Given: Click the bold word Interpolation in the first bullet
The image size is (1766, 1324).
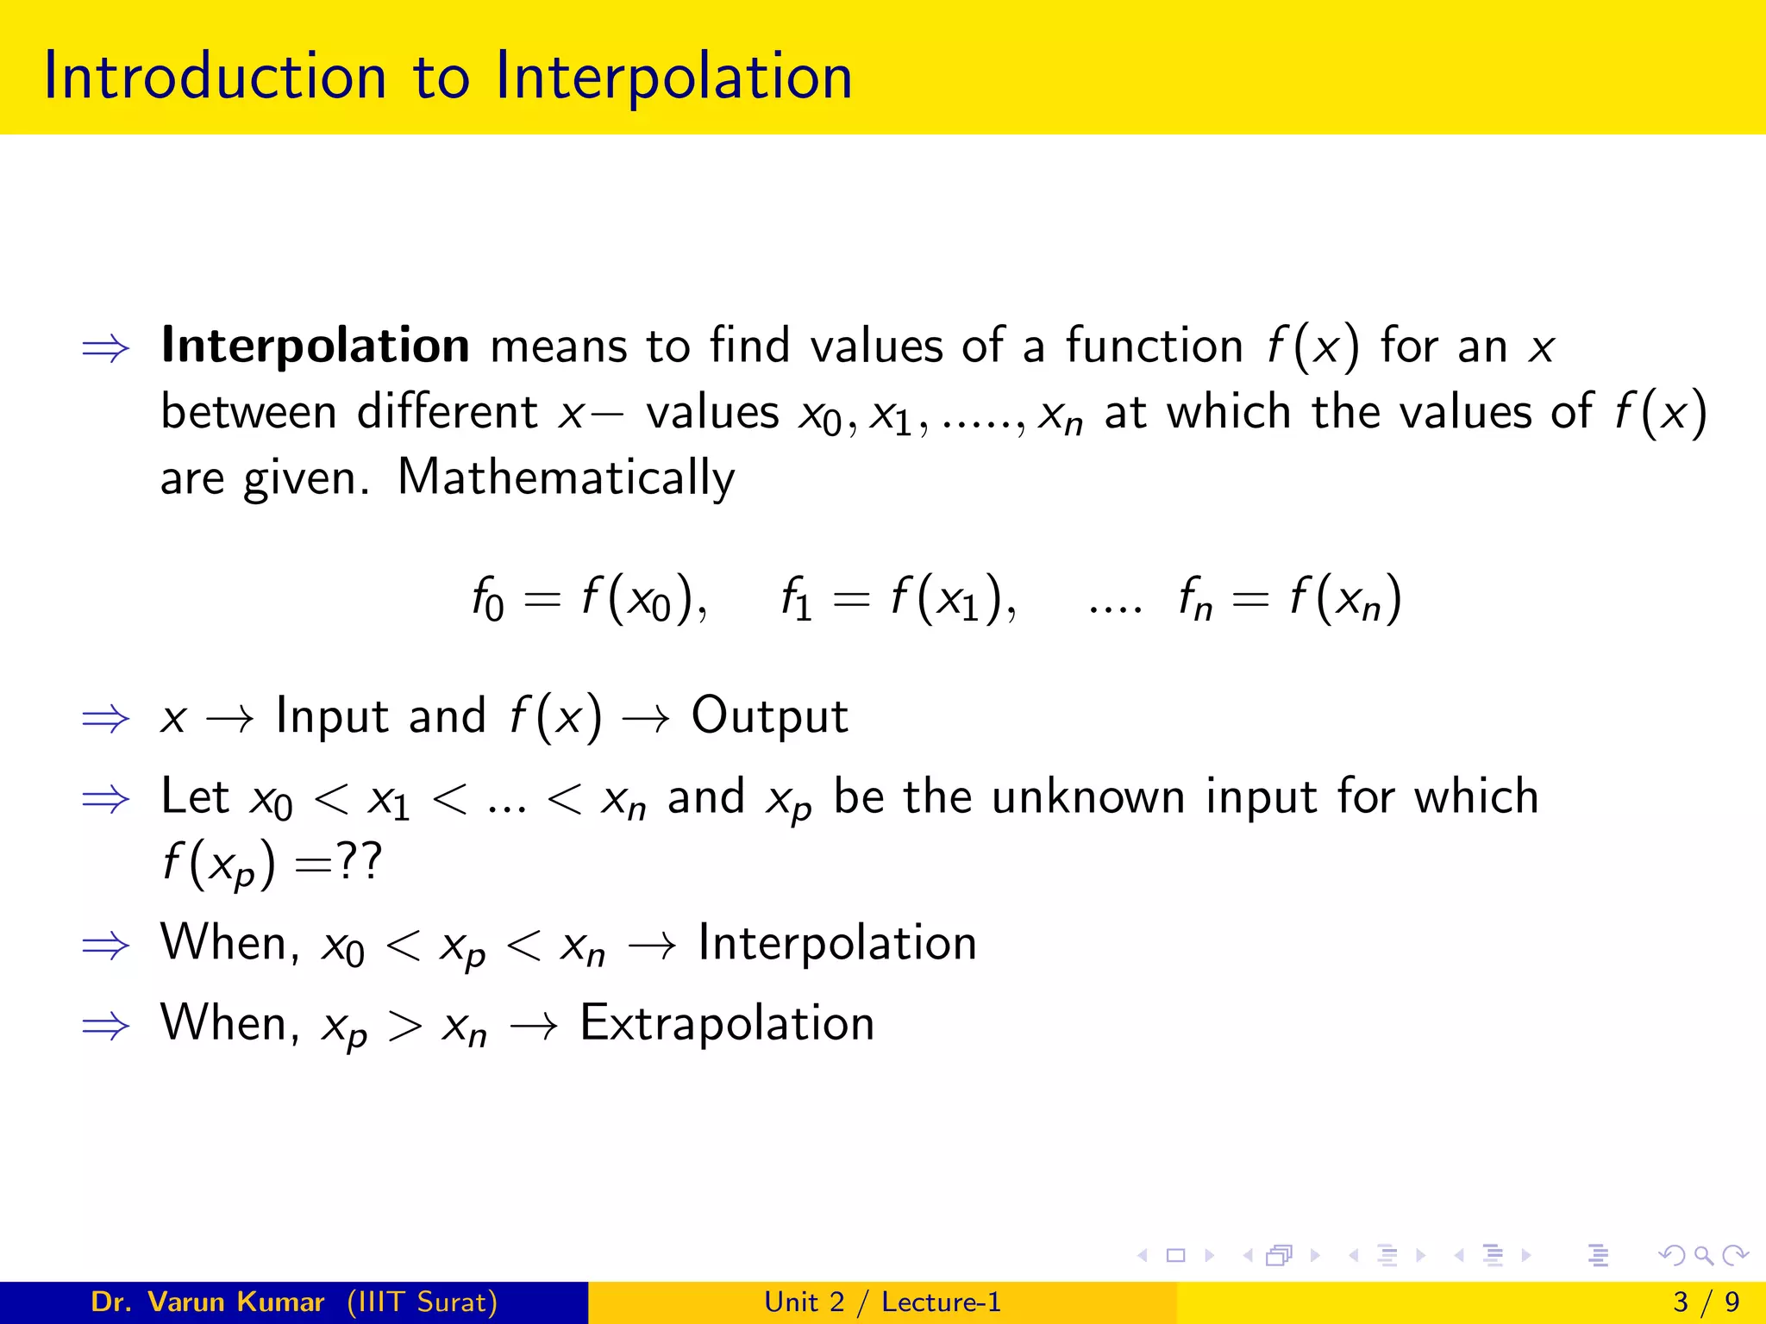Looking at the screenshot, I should click(316, 346).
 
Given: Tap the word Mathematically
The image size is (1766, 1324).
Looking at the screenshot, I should click(566, 478).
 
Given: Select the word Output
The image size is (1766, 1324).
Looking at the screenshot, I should click(769, 715).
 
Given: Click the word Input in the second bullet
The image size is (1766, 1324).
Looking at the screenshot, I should click(332, 716).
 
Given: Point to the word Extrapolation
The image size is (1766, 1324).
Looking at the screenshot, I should click(727, 1023).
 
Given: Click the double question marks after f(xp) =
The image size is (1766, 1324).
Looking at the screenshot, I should click(358, 862).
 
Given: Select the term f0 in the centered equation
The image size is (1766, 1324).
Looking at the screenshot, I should click(487, 598).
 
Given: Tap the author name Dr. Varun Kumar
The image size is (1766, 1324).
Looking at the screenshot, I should click(207, 1302).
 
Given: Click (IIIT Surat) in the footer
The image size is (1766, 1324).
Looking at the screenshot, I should click(422, 1302).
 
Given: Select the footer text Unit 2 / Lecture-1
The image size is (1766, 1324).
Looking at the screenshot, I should click(882, 1302).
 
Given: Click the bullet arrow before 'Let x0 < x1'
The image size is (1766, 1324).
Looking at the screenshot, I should click(105, 799).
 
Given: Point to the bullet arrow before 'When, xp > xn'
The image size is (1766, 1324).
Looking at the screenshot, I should click(105, 1026).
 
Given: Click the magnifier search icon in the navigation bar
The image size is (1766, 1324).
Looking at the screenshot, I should click(1703, 1255).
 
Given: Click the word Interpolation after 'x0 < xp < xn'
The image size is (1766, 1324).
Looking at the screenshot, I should click(836, 943).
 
